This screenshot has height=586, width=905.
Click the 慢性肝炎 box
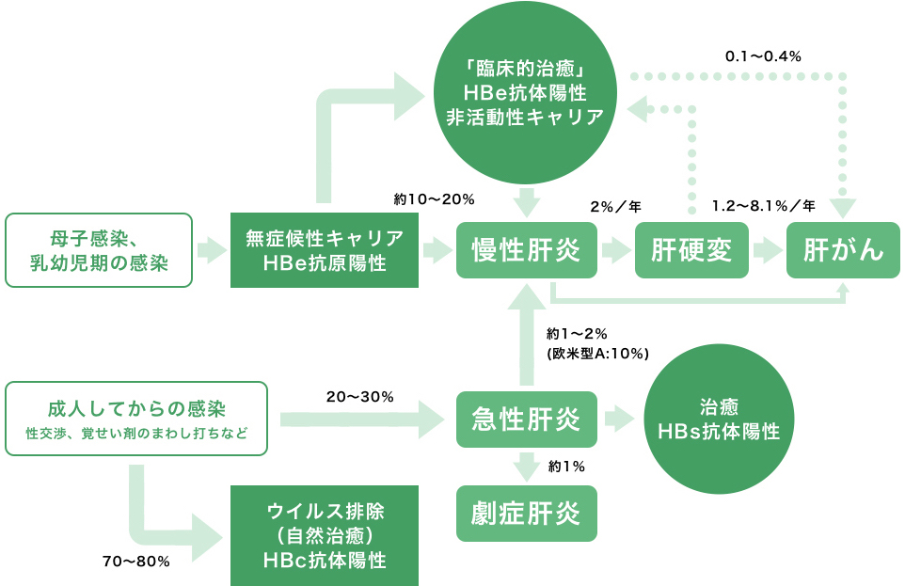(x=526, y=250)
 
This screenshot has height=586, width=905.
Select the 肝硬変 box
(x=691, y=250)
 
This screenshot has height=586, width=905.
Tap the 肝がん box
(x=844, y=250)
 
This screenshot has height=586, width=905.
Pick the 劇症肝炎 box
(x=526, y=514)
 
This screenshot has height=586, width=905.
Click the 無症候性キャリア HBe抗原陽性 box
(x=325, y=250)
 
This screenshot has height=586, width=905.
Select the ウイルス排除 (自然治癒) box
(x=325, y=535)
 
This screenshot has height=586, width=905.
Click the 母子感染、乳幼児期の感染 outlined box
(x=99, y=250)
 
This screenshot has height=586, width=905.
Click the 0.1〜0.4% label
(x=762, y=56)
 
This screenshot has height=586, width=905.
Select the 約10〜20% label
(x=434, y=199)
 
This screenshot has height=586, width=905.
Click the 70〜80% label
(x=135, y=562)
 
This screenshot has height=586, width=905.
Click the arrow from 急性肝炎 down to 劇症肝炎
(x=526, y=466)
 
